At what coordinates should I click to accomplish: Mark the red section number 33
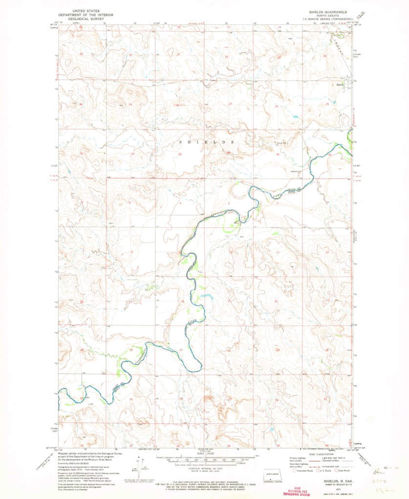(180, 154)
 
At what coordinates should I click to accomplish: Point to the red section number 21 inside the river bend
(181, 351)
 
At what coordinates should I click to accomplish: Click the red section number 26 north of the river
(277, 106)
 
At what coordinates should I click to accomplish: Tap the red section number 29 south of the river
(131, 399)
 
